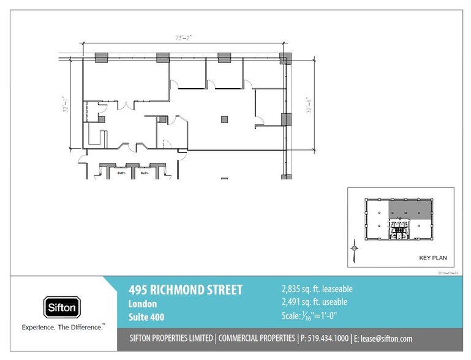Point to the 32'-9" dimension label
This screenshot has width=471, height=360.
pyautogui.click(x=310, y=104)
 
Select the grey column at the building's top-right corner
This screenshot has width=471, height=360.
pyautogui.click(x=285, y=59)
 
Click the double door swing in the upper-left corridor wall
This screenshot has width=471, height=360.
pyautogui.click(x=126, y=104)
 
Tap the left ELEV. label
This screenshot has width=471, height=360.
pyautogui.click(x=121, y=173)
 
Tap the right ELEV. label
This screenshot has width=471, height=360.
pyautogui.click(x=145, y=173)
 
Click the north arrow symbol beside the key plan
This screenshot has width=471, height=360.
pyautogui.click(x=354, y=247)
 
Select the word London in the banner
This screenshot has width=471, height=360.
pyautogui.click(x=142, y=304)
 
